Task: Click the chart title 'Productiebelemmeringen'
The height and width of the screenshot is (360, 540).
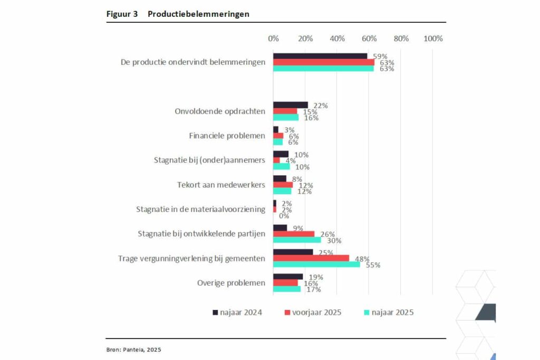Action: click(198, 14)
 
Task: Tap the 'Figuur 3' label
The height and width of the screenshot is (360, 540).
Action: click(122, 14)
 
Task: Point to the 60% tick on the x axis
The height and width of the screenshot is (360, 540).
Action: click(369, 38)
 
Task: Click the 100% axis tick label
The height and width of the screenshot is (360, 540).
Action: click(433, 38)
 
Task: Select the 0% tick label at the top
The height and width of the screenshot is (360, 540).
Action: click(273, 38)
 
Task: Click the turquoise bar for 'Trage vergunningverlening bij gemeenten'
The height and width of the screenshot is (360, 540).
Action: click(316, 264)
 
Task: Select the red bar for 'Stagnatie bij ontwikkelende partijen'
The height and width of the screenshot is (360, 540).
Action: click(294, 234)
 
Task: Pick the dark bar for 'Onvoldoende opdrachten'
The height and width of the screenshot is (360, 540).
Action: click(291, 105)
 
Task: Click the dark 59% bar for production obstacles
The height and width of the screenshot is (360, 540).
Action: click(320, 56)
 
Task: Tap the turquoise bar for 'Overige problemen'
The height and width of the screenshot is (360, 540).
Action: click(286, 289)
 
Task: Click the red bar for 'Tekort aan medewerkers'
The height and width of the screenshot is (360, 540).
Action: click(283, 185)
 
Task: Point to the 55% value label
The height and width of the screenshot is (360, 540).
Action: click(373, 265)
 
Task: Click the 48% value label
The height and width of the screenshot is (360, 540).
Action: click(362, 258)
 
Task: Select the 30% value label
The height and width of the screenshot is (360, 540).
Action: click(334, 240)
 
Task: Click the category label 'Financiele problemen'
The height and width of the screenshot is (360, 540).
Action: click(227, 136)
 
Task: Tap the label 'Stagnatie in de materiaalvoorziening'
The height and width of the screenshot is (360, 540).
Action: click(200, 209)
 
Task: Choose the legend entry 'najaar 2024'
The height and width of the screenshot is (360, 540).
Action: click(237, 313)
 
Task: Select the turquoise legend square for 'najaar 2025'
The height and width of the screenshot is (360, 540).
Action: click(367, 313)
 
